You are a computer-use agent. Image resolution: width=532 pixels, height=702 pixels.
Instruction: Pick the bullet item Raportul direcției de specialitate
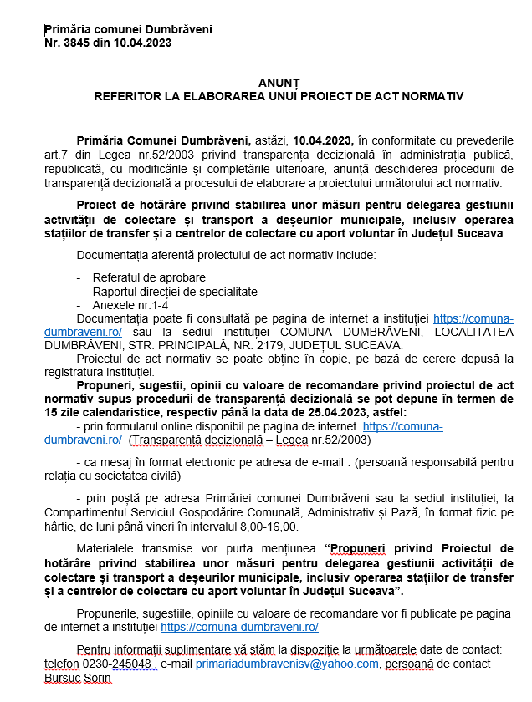tap(176, 291)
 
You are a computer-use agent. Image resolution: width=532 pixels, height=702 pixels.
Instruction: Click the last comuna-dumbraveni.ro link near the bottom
tap(239, 626)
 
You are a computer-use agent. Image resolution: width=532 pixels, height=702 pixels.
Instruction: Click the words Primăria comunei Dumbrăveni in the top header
tap(128, 29)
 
